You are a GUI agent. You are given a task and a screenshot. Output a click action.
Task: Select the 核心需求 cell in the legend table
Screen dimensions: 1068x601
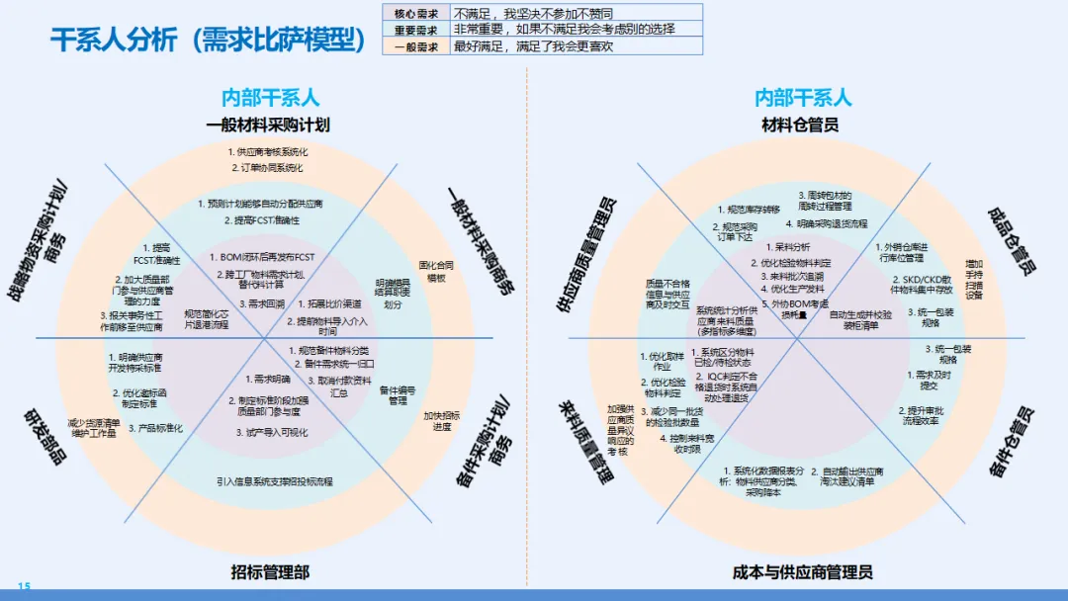pos(415,13)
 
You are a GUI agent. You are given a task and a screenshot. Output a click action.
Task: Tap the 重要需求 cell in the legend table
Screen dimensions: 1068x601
pos(415,30)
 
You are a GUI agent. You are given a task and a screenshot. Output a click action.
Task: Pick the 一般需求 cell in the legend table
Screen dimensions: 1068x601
pos(415,45)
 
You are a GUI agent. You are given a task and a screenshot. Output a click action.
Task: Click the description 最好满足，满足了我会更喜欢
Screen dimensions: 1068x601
pos(534,45)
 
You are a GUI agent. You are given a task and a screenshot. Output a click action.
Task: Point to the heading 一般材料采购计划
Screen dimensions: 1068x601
pos(268,125)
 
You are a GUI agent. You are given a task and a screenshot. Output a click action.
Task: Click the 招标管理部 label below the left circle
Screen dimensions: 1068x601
pos(270,571)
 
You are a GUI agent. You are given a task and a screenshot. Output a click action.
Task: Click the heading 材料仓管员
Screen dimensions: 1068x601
pos(800,125)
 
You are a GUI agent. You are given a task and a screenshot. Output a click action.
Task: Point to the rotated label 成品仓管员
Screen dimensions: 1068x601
pos(1013,241)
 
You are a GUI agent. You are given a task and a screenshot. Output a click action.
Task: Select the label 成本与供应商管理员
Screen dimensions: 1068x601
pos(802,571)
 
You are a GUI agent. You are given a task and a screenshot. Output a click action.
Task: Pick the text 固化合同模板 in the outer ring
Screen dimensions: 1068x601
pos(436,271)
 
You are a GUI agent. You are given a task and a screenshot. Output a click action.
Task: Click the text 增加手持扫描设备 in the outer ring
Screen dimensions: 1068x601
pos(974,280)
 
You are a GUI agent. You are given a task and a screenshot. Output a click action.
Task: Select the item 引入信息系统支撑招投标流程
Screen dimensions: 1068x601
pos(275,481)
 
